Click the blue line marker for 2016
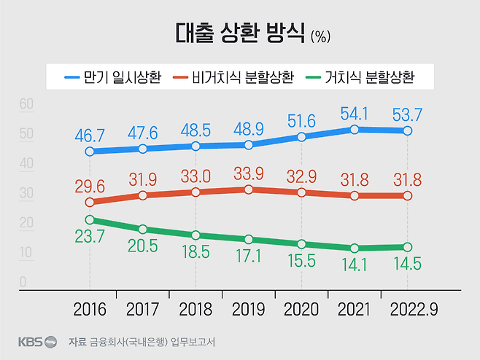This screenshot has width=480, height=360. tap(89, 152)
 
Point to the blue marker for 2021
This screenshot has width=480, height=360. tap(355, 130)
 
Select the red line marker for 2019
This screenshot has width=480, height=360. tap(249, 189)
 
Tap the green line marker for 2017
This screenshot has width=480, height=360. tap(143, 230)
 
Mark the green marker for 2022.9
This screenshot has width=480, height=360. tap(408, 247)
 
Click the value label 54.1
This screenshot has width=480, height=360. tap(355, 113)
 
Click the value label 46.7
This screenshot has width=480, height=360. tap(89, 135)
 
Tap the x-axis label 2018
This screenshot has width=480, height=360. tap(196, 310)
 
